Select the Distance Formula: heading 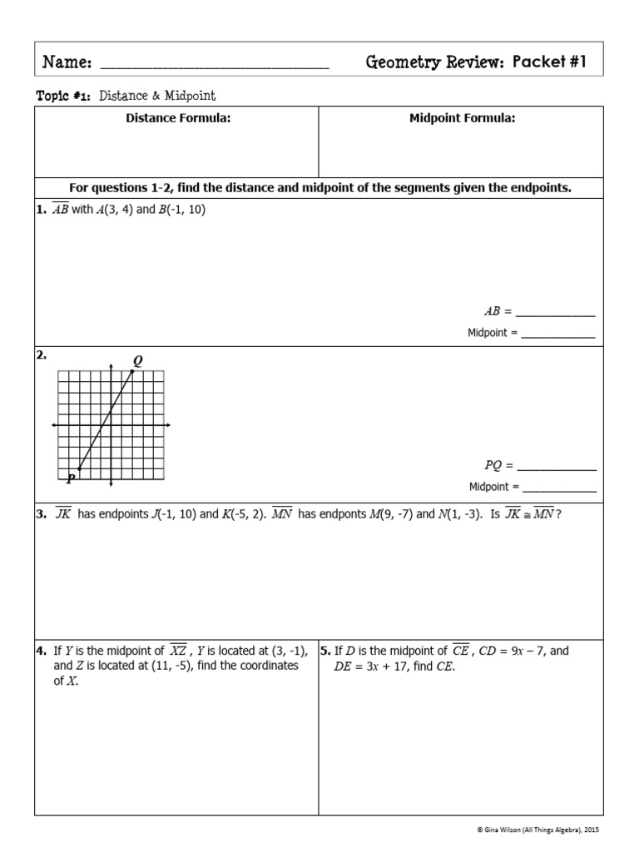[178, 118]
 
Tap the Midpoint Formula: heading [462, 118]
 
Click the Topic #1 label [64, 97]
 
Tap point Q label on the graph [137, 360]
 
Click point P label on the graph [71, 478]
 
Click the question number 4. [41, 651]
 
